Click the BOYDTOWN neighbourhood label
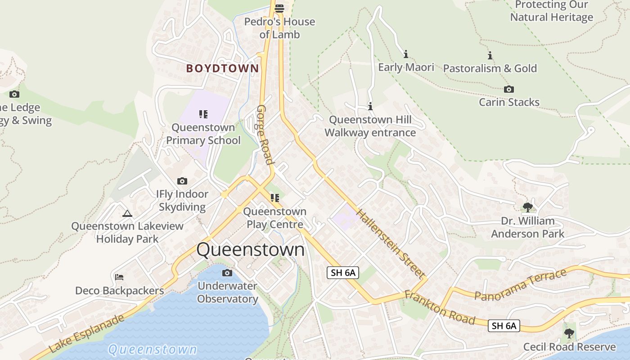223,68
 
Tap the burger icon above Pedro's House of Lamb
279,8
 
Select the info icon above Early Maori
406,54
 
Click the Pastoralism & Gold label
490,68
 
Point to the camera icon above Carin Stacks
509,89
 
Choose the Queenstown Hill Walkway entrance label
370,126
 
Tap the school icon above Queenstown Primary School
203,114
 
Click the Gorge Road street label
265,135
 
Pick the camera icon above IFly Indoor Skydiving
182,181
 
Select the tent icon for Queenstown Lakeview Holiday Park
127,213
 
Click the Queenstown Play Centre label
274,218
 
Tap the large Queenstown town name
251,250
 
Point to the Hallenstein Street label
391,243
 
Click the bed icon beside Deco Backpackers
119,277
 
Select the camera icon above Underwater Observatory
227,273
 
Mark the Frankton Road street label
440,308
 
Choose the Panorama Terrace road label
520,285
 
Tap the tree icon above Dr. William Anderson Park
528,207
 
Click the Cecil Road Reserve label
569,347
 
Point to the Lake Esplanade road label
85,333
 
